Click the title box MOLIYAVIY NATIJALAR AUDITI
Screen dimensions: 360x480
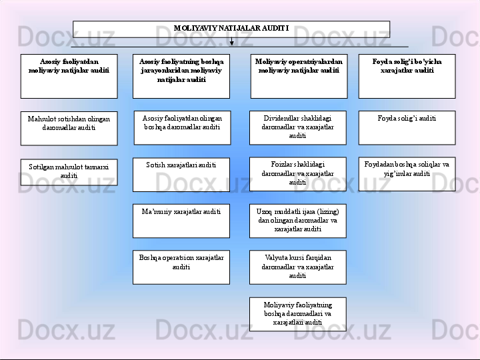click(231, 29)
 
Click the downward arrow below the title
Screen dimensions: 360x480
click(231, 42)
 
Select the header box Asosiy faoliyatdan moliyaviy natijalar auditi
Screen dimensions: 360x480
click(69, 76)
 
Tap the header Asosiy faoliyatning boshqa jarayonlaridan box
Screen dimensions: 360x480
click(181, 76)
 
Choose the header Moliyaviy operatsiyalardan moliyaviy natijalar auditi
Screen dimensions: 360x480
click(299, 76)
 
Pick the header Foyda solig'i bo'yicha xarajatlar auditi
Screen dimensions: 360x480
click(407, 76)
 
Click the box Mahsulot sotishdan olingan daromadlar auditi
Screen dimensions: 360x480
click(69, 128)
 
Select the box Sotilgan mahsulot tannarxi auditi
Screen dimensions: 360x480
click(69, 171)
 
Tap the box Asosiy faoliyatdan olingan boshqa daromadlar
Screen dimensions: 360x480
click(181, 127)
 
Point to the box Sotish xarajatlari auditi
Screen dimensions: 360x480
click(181, 174)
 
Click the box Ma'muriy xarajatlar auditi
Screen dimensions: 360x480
click(181, 221)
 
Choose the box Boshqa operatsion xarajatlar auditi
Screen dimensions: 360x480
click(181, 267)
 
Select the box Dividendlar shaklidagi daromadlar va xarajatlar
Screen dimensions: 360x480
click(298, 127)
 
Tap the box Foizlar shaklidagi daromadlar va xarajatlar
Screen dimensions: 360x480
click(298, 174)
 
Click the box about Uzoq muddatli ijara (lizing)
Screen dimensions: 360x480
click(298, 221)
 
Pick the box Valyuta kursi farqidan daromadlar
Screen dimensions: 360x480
click(298, 267)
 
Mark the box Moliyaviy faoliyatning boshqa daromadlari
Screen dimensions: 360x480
click(298, 313)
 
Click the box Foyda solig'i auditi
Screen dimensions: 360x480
click(407, 127)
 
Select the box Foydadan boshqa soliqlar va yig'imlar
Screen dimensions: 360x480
click(407, 174)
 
